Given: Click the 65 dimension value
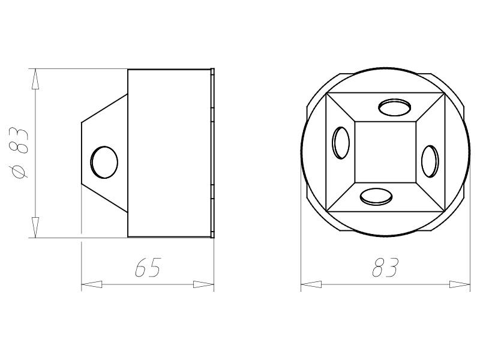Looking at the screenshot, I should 147,268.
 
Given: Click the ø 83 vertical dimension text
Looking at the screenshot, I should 20,152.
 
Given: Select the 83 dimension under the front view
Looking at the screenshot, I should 385,268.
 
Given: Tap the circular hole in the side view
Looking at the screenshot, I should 104,162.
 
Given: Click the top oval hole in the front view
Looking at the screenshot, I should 395,107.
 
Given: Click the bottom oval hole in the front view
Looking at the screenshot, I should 376,197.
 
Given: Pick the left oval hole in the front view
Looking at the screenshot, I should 341,143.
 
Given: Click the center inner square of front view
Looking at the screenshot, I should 385,152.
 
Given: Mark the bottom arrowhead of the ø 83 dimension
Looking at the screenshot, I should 35,227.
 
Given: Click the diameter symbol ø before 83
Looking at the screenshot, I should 20,172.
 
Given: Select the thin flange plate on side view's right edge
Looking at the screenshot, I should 213,153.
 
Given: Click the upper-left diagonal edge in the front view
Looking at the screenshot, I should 340,107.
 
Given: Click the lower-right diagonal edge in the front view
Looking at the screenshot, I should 430,197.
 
